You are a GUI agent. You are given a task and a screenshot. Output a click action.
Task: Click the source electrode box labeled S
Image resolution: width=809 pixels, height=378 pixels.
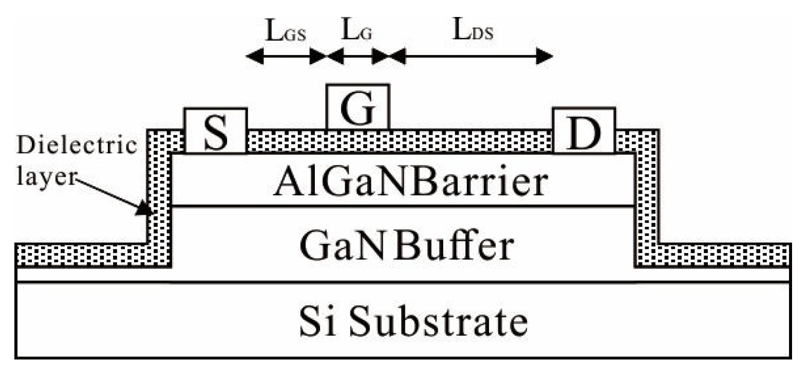pyautogui.click(x=215, y=131)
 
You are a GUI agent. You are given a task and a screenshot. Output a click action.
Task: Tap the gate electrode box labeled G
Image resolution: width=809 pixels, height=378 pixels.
pyautogui.click(x=358, y=107)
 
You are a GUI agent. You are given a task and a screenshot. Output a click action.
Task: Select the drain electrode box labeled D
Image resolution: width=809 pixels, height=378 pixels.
pyautogui.click(x=584, y=131)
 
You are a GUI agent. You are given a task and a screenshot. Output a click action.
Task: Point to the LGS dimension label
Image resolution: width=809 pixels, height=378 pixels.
pyautogui.click(x=286, y=31)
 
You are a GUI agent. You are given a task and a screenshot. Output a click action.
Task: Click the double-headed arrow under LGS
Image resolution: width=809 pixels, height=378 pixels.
pyautogui.click(x=286, y=56)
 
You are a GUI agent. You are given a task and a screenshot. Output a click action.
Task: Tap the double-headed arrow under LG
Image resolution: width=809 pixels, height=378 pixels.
pyautogui.click(x=358, y=56)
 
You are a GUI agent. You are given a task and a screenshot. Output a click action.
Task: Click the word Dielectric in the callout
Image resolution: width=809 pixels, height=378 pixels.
pyautogui.click(x=77, y=146)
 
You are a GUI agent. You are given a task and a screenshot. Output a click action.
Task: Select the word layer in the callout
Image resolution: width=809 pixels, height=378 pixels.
pyautogui.click(x=46, y=176)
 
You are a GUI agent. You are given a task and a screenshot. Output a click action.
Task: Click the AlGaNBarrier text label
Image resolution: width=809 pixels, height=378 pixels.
pyautogui.click(x=410, y=182)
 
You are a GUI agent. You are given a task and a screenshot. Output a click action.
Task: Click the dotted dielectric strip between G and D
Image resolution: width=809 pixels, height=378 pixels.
pyautogui.click(x=470, y=141)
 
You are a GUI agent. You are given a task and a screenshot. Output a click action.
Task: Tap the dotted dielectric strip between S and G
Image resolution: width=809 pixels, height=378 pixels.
pyautogui.click(x=286, y=141)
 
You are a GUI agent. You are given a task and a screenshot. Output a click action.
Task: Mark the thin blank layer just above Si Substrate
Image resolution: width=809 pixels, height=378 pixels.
pyautogui.click(x=403, y=275)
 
